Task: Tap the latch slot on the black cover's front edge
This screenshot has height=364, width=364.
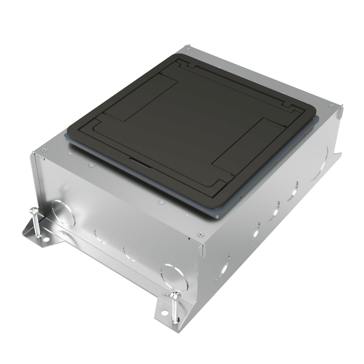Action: pos(140,161)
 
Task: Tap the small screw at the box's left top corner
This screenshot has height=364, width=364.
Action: pos(43,150)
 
